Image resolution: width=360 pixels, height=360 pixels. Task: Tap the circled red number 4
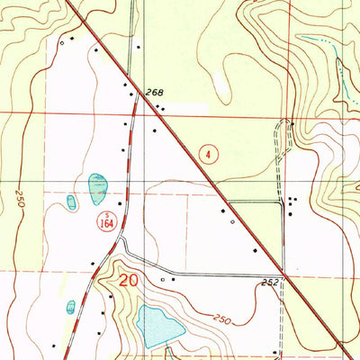tap(210, 155)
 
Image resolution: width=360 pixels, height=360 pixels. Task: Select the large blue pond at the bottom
tap(159, 325)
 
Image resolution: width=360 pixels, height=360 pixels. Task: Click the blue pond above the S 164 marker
tap(97, 186)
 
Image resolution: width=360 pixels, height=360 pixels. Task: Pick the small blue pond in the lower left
tap(71, 308)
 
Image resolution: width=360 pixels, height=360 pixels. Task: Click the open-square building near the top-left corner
tap(61, 41)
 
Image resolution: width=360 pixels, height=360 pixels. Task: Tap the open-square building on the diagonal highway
tap(232, 220)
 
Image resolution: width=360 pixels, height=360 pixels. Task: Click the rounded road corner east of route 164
tap(127, 247)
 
